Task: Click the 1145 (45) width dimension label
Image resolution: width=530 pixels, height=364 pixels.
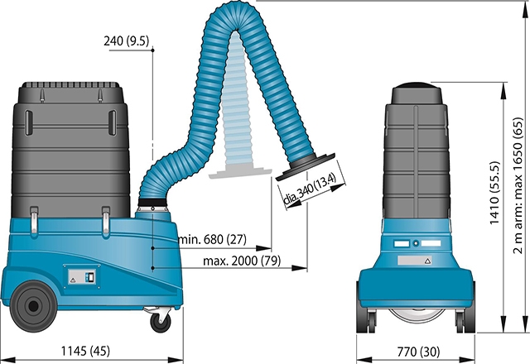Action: point(85,351)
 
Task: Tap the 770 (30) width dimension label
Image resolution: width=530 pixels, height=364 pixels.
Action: point(418,352)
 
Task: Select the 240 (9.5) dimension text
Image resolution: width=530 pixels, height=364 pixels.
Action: point(126,41)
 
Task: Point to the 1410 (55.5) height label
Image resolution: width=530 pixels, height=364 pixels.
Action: point(494,193)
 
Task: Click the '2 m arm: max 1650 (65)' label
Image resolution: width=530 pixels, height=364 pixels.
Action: point(518,185)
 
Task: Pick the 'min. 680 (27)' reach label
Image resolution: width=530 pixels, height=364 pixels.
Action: point(212,239)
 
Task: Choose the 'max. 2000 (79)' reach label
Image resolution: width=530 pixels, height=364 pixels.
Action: point(242,261)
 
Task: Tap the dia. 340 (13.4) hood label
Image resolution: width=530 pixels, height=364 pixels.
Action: point(309,189)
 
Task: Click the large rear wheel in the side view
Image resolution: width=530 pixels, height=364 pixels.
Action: point(33,306)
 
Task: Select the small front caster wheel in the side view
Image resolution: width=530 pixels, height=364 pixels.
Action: point(160,322)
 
